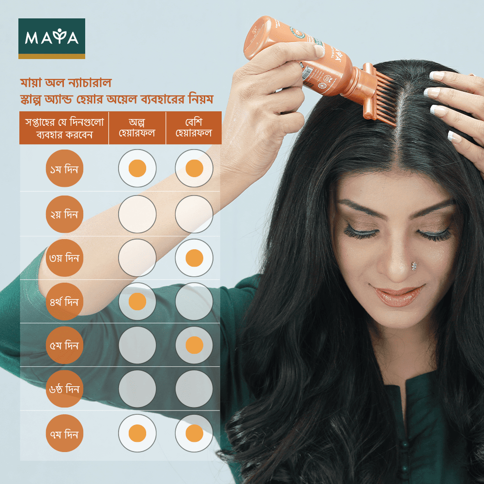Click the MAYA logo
52,38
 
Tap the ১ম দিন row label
64,170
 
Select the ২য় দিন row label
64,214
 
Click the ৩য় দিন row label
64,258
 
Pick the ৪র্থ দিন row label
64,302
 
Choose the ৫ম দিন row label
64,346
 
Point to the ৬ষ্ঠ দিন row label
64,390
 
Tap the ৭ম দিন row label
64,434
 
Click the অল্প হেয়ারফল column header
137,128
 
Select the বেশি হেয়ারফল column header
194,128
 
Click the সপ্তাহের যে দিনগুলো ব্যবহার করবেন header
64,128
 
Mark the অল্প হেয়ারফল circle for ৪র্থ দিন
137,302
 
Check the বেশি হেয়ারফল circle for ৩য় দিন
194,258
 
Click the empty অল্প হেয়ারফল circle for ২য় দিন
137,214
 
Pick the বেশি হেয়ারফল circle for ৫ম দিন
194,346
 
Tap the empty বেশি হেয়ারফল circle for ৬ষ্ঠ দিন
194,390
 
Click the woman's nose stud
414,265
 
